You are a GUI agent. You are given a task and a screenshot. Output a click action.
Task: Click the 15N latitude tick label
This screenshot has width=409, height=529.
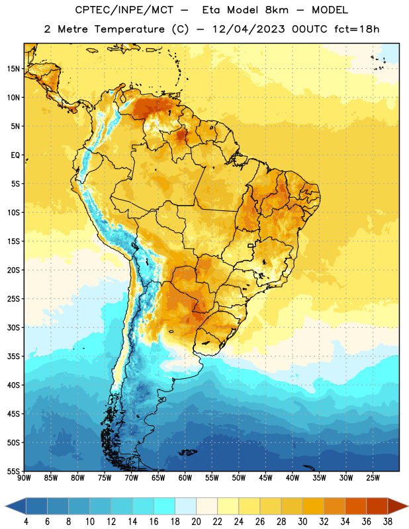[13, 69]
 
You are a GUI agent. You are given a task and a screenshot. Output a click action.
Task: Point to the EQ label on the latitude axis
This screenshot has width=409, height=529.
[15, 155]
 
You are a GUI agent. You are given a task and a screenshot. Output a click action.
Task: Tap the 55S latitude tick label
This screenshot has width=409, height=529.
[13, 471]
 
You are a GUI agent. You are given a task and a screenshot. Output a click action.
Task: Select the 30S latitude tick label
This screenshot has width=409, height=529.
[13, 327]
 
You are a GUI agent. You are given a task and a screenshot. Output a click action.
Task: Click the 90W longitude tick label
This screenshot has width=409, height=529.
[24, 478]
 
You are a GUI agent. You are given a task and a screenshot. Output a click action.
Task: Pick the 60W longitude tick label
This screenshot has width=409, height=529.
[185, 478]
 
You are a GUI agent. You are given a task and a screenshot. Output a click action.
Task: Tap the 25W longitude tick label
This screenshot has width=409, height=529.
[373, 478]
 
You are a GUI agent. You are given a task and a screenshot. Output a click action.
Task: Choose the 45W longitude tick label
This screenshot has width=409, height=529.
[265, 478]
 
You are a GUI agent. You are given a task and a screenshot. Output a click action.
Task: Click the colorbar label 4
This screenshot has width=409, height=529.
[26, 522]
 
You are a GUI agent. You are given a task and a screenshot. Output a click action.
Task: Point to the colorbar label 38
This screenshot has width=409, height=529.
[388, 522]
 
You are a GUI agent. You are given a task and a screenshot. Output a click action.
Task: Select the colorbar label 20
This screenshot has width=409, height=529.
[196, 522]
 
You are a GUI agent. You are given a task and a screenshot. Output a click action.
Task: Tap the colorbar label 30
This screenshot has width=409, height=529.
[302, 522]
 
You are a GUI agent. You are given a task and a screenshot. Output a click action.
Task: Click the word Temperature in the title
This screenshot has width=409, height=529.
[130, 29]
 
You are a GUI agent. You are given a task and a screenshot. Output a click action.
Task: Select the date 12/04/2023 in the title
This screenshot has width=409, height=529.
[249, 29]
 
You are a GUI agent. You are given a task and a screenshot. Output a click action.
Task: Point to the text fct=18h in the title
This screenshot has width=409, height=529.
[357, 29]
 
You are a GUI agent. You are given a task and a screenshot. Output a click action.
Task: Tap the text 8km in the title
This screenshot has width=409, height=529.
[277, 10]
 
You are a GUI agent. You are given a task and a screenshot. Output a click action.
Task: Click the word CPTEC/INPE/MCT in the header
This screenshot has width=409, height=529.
[124, 10]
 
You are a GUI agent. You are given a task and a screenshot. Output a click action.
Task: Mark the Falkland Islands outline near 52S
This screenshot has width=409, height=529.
[188, 452]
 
